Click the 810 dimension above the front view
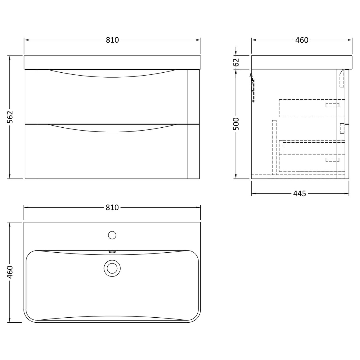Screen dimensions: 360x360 112,40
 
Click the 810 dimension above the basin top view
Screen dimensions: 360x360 112,207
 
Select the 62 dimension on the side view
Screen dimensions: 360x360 236,62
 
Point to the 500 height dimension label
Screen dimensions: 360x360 236,124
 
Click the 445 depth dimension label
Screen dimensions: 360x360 300,194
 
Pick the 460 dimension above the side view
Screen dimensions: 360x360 301,40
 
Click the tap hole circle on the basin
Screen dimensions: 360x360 112,235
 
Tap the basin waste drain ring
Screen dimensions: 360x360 112,268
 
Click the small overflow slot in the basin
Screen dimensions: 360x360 112,252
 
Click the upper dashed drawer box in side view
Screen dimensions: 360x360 312,108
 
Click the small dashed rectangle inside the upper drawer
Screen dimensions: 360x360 332,105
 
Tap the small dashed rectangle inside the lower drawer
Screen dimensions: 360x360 332,160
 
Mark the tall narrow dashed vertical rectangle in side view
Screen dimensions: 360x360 274,147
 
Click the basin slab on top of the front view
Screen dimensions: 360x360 112,62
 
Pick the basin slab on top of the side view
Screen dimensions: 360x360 301,62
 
